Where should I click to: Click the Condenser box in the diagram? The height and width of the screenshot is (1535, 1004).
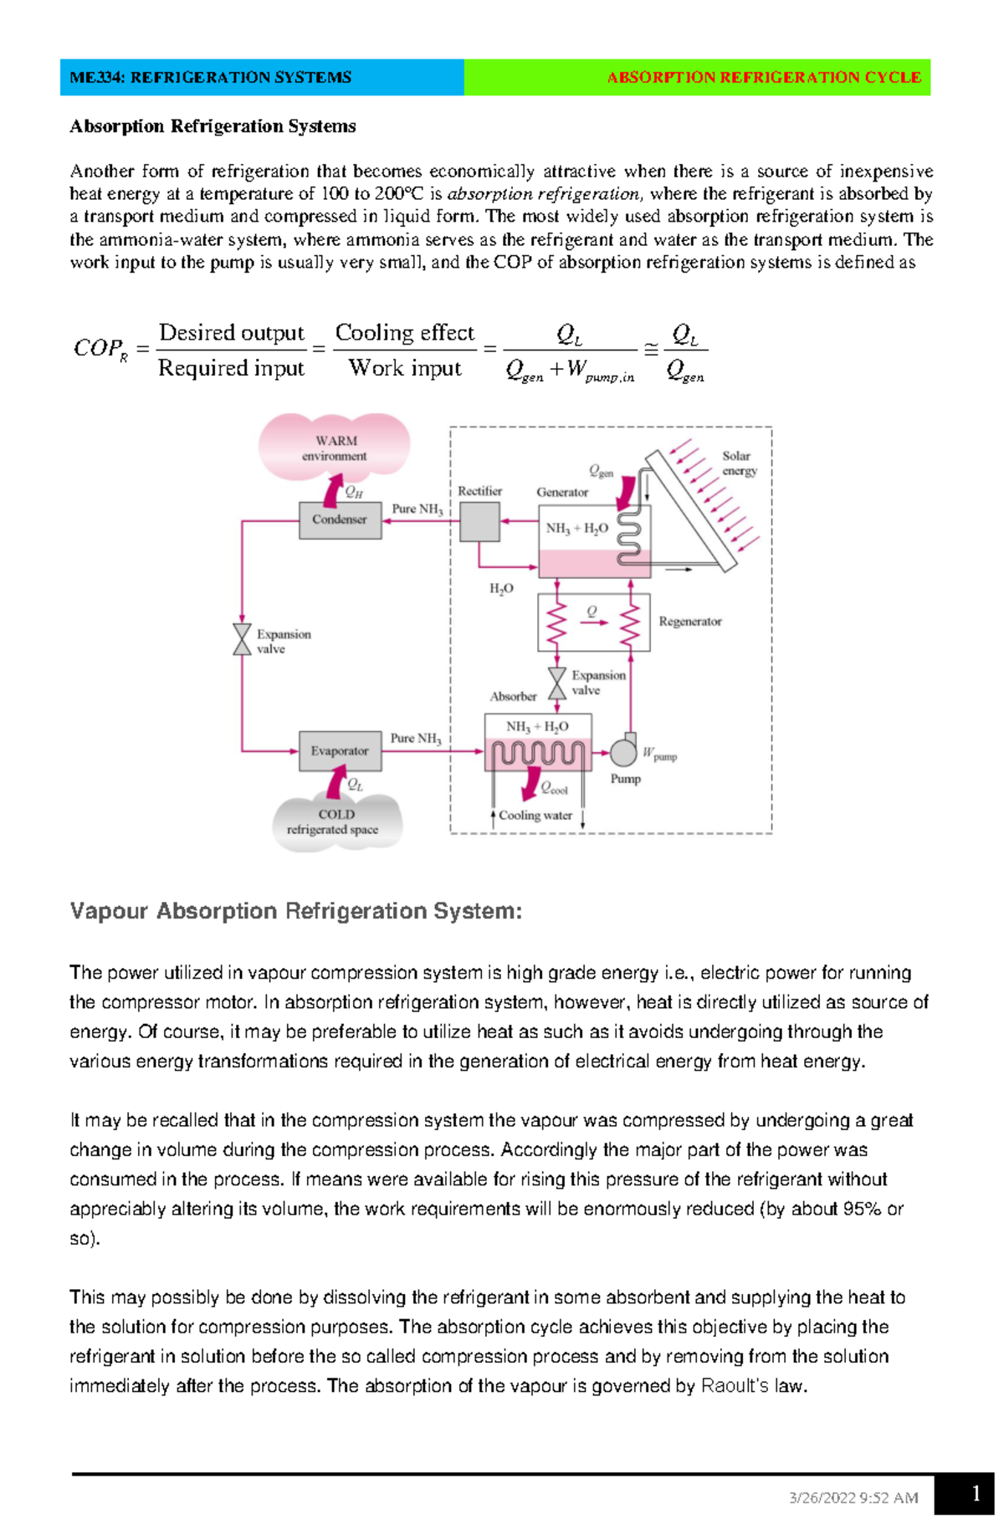(x=340, y=519)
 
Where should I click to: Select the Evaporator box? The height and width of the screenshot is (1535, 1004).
(x=340, y=751)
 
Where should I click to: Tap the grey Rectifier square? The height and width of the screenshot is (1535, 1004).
(x=479, y=522)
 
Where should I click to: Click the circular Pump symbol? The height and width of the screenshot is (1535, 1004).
(x=623, y=752)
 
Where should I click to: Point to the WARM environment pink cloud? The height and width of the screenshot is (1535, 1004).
(x=335, y=448)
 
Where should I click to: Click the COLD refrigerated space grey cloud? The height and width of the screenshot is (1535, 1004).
(x=335, y=822)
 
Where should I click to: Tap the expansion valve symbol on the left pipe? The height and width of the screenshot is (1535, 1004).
(x=242, y=639)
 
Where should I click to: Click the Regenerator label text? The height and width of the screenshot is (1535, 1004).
(x=689, y=622)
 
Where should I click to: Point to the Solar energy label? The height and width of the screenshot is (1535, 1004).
(x=740, y=463)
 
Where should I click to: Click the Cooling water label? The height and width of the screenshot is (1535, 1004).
(x=535, y=816)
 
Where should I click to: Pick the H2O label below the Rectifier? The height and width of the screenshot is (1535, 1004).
(x=501, y=589)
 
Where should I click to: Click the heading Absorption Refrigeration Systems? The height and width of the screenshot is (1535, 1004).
(x=213, y=126)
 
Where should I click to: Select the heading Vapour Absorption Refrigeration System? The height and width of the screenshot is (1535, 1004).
(x=296, y=911)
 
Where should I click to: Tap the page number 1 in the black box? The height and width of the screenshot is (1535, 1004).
(x=976, y=1494)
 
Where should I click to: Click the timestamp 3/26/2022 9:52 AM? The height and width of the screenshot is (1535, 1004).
(x=853, y=1498)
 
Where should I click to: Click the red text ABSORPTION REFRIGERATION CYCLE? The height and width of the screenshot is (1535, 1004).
(x=763, y=78)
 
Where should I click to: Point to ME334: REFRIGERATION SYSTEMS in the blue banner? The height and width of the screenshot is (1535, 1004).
(x=211, y=78)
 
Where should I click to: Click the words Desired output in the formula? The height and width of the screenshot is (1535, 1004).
(x=232, y=333)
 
